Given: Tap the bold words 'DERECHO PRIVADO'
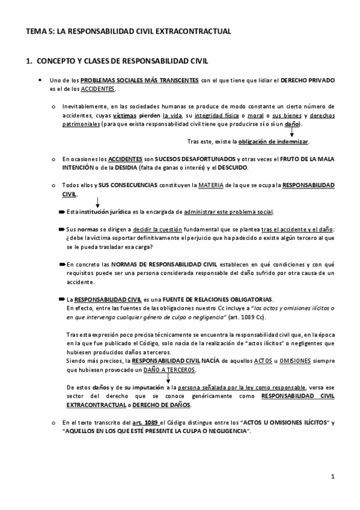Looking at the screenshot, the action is (304, 80).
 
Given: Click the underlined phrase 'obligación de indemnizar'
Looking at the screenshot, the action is (273, 141).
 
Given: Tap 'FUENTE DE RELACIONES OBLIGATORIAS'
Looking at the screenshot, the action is (219, 299).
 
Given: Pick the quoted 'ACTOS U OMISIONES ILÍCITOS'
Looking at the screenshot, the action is (275, 423).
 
